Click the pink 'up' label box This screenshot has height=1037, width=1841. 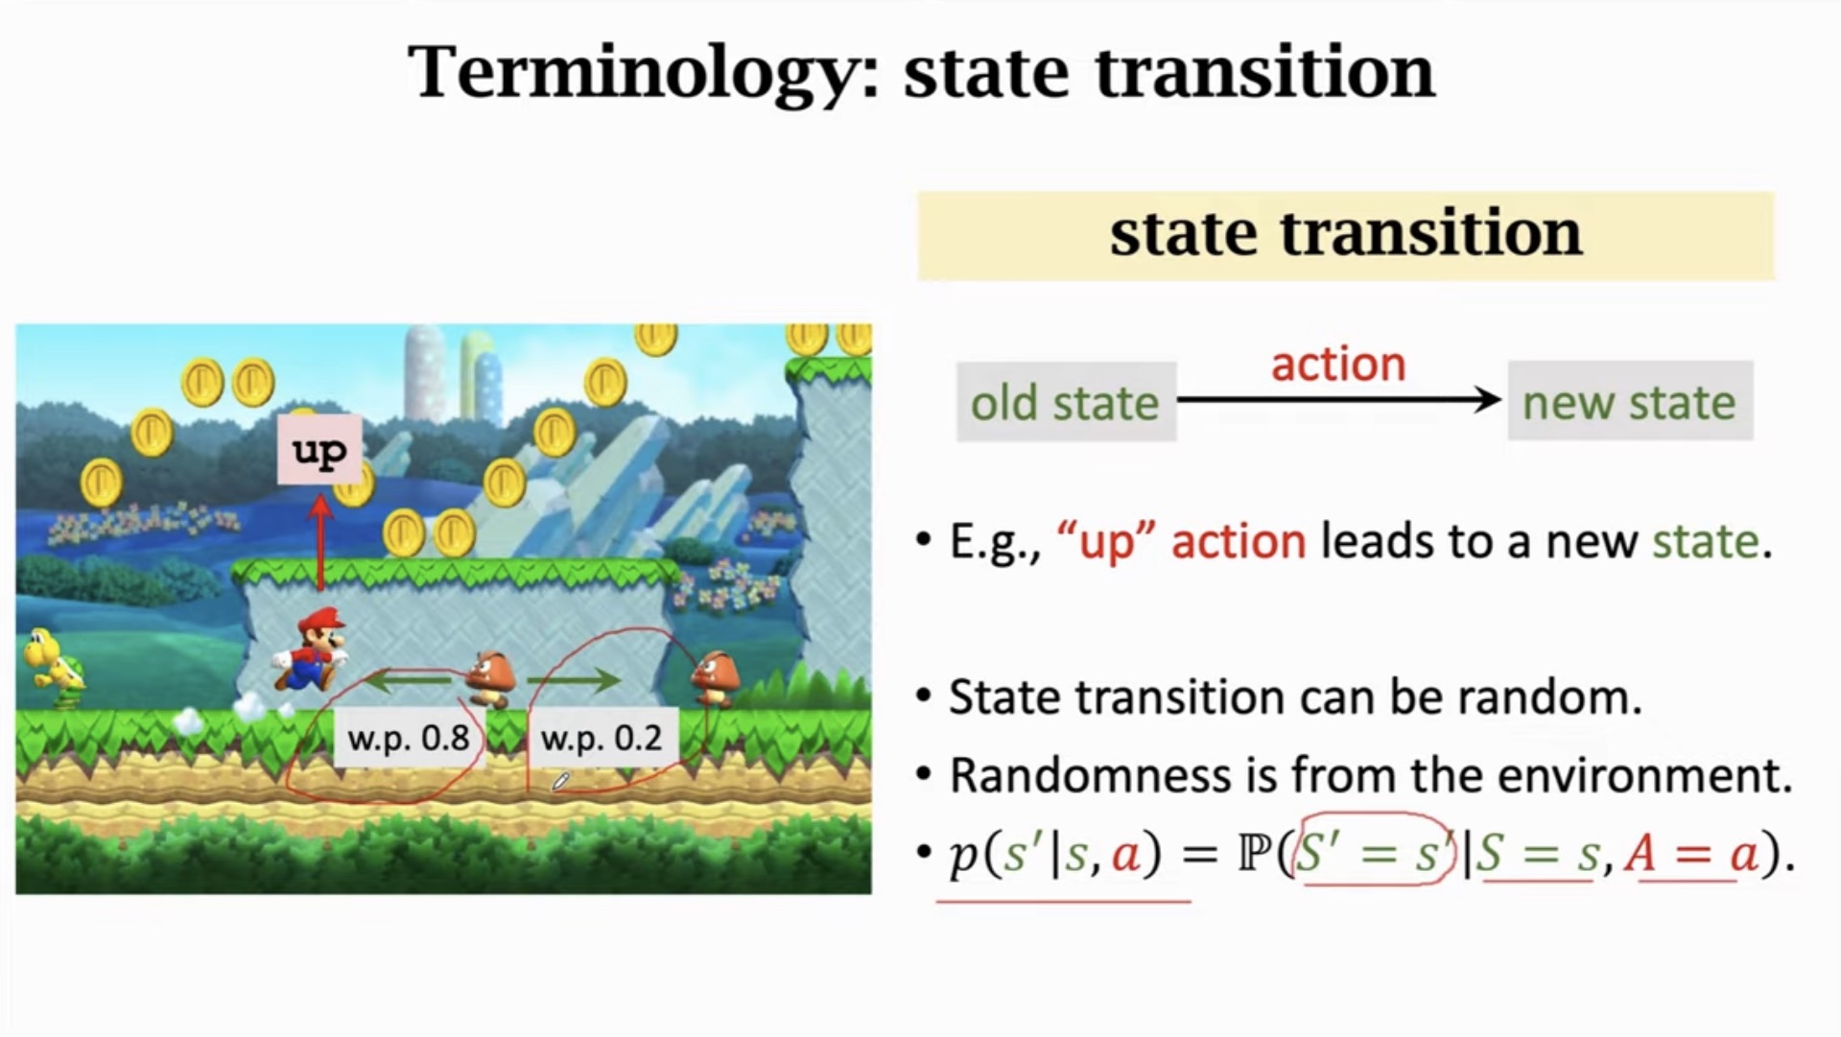(319, 449)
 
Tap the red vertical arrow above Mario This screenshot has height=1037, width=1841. (320, 542)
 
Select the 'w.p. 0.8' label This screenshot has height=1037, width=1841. (409, 738)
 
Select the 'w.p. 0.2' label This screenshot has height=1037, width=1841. (602, 738)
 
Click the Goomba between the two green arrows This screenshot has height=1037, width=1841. (491, 679)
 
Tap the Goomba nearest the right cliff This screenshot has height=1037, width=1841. (717, 677)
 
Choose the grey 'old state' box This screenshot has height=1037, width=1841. (1065, 402)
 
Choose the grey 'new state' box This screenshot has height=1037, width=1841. (1629, 402)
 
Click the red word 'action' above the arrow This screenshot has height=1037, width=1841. (1338, 365)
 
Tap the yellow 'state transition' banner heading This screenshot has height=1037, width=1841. (1345, 235)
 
